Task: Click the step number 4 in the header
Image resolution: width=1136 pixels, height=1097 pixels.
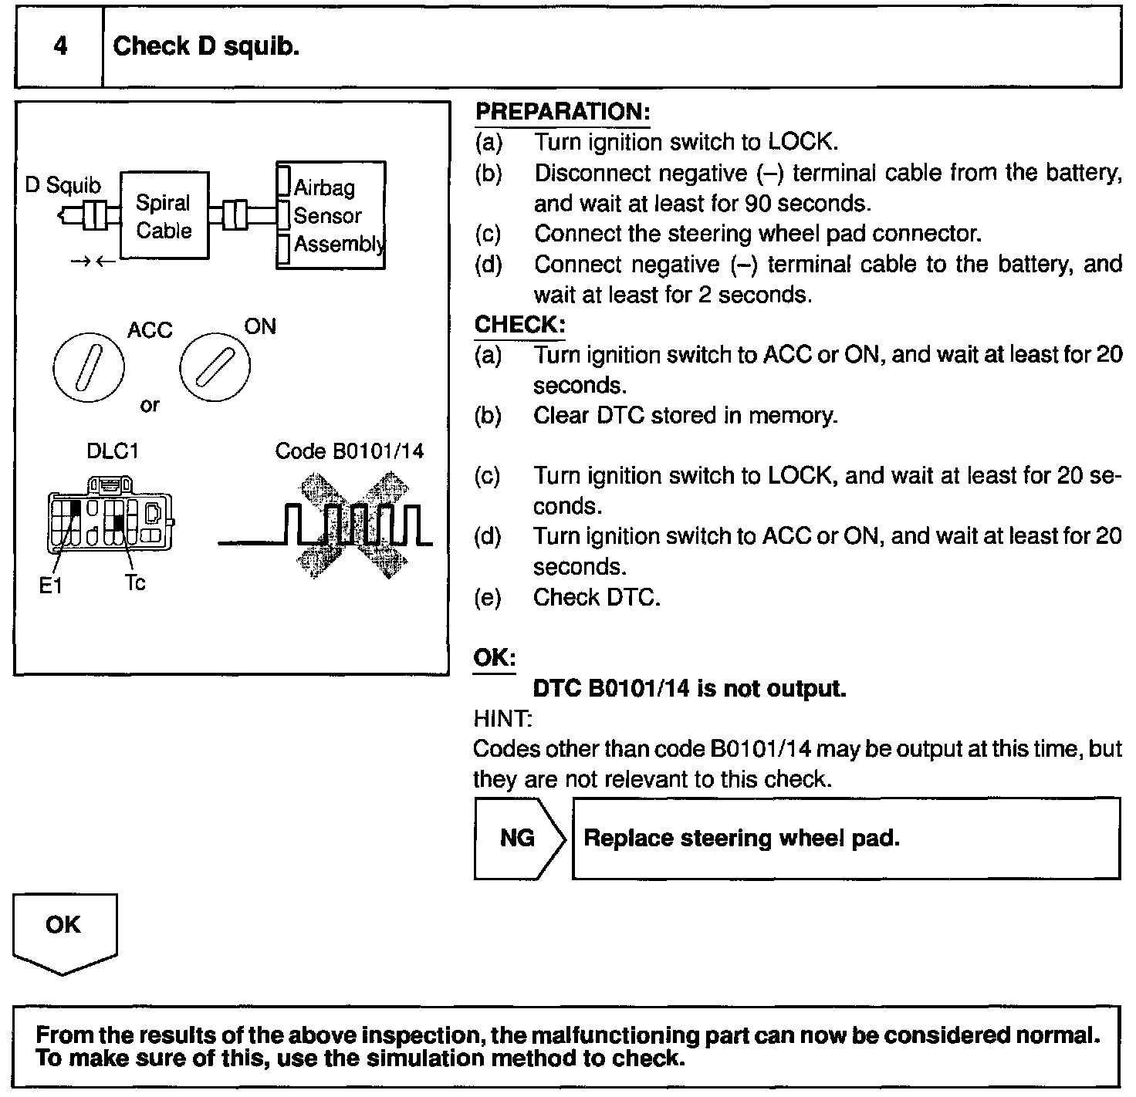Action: tap(60, 47)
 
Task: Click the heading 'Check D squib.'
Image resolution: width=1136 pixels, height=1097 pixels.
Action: tap(206, 47)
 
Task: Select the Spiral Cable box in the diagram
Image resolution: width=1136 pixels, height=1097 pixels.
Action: tap(164, 216)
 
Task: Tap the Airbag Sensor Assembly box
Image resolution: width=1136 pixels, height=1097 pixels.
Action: tap(331, 215)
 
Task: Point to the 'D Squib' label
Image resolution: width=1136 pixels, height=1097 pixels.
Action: tap(63, 185)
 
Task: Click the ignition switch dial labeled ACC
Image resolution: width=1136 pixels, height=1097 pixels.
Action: tap(89, 366)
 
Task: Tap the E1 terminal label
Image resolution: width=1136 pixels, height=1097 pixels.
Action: tap(50, 586)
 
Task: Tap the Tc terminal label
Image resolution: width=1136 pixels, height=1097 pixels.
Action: tap(135, 583)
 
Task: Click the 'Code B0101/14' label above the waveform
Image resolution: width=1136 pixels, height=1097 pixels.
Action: tap(349, 451)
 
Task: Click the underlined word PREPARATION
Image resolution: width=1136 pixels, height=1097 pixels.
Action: tap(563, 112)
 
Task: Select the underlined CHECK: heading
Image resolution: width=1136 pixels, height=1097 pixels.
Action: tap(519, 325)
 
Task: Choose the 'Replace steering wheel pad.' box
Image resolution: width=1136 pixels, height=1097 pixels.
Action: tap(846, 839)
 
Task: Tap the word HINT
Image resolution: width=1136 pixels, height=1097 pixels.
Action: tap(502, 719)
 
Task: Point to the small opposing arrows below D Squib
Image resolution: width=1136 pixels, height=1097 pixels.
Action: tap(93, 262)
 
